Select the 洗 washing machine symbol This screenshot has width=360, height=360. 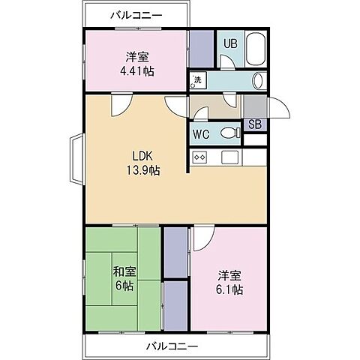197,80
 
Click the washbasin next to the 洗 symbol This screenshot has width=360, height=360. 258,80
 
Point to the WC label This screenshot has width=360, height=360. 201,135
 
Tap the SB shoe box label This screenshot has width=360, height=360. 254,124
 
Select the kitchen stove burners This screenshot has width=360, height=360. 200,157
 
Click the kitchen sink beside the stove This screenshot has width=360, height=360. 229,157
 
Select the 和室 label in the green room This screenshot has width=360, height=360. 124,271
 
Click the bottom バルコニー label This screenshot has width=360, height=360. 172,346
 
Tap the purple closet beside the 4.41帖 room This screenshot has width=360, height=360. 199,49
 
